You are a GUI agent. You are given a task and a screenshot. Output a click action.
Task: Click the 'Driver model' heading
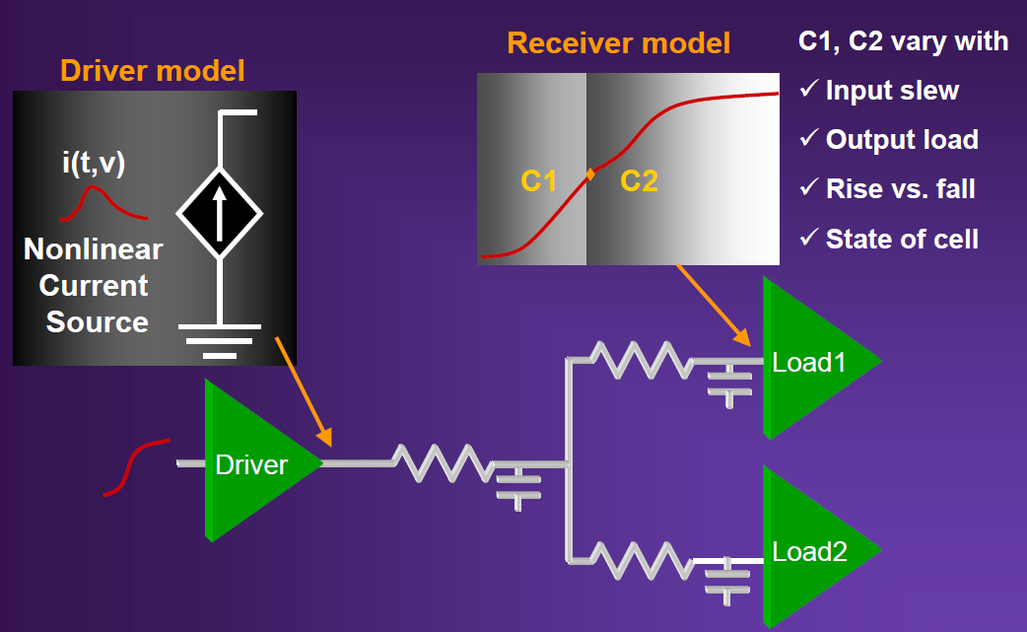153,71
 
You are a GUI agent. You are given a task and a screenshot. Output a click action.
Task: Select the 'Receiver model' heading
619,43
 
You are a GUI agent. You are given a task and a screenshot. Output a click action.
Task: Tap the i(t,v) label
94,164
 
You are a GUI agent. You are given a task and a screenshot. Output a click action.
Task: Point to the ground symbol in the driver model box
219,339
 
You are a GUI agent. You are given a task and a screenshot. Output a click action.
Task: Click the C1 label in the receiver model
539,180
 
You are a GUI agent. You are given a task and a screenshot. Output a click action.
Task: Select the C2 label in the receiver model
640,180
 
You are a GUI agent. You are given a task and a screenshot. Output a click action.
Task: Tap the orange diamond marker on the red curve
590,175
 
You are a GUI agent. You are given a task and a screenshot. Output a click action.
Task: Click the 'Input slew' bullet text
892,91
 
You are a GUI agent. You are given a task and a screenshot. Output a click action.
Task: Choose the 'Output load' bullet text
902,140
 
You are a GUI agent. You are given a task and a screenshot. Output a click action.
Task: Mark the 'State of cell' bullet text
902,239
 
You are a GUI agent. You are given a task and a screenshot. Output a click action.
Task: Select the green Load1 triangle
813,360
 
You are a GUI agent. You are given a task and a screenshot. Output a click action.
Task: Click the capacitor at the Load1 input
730,380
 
